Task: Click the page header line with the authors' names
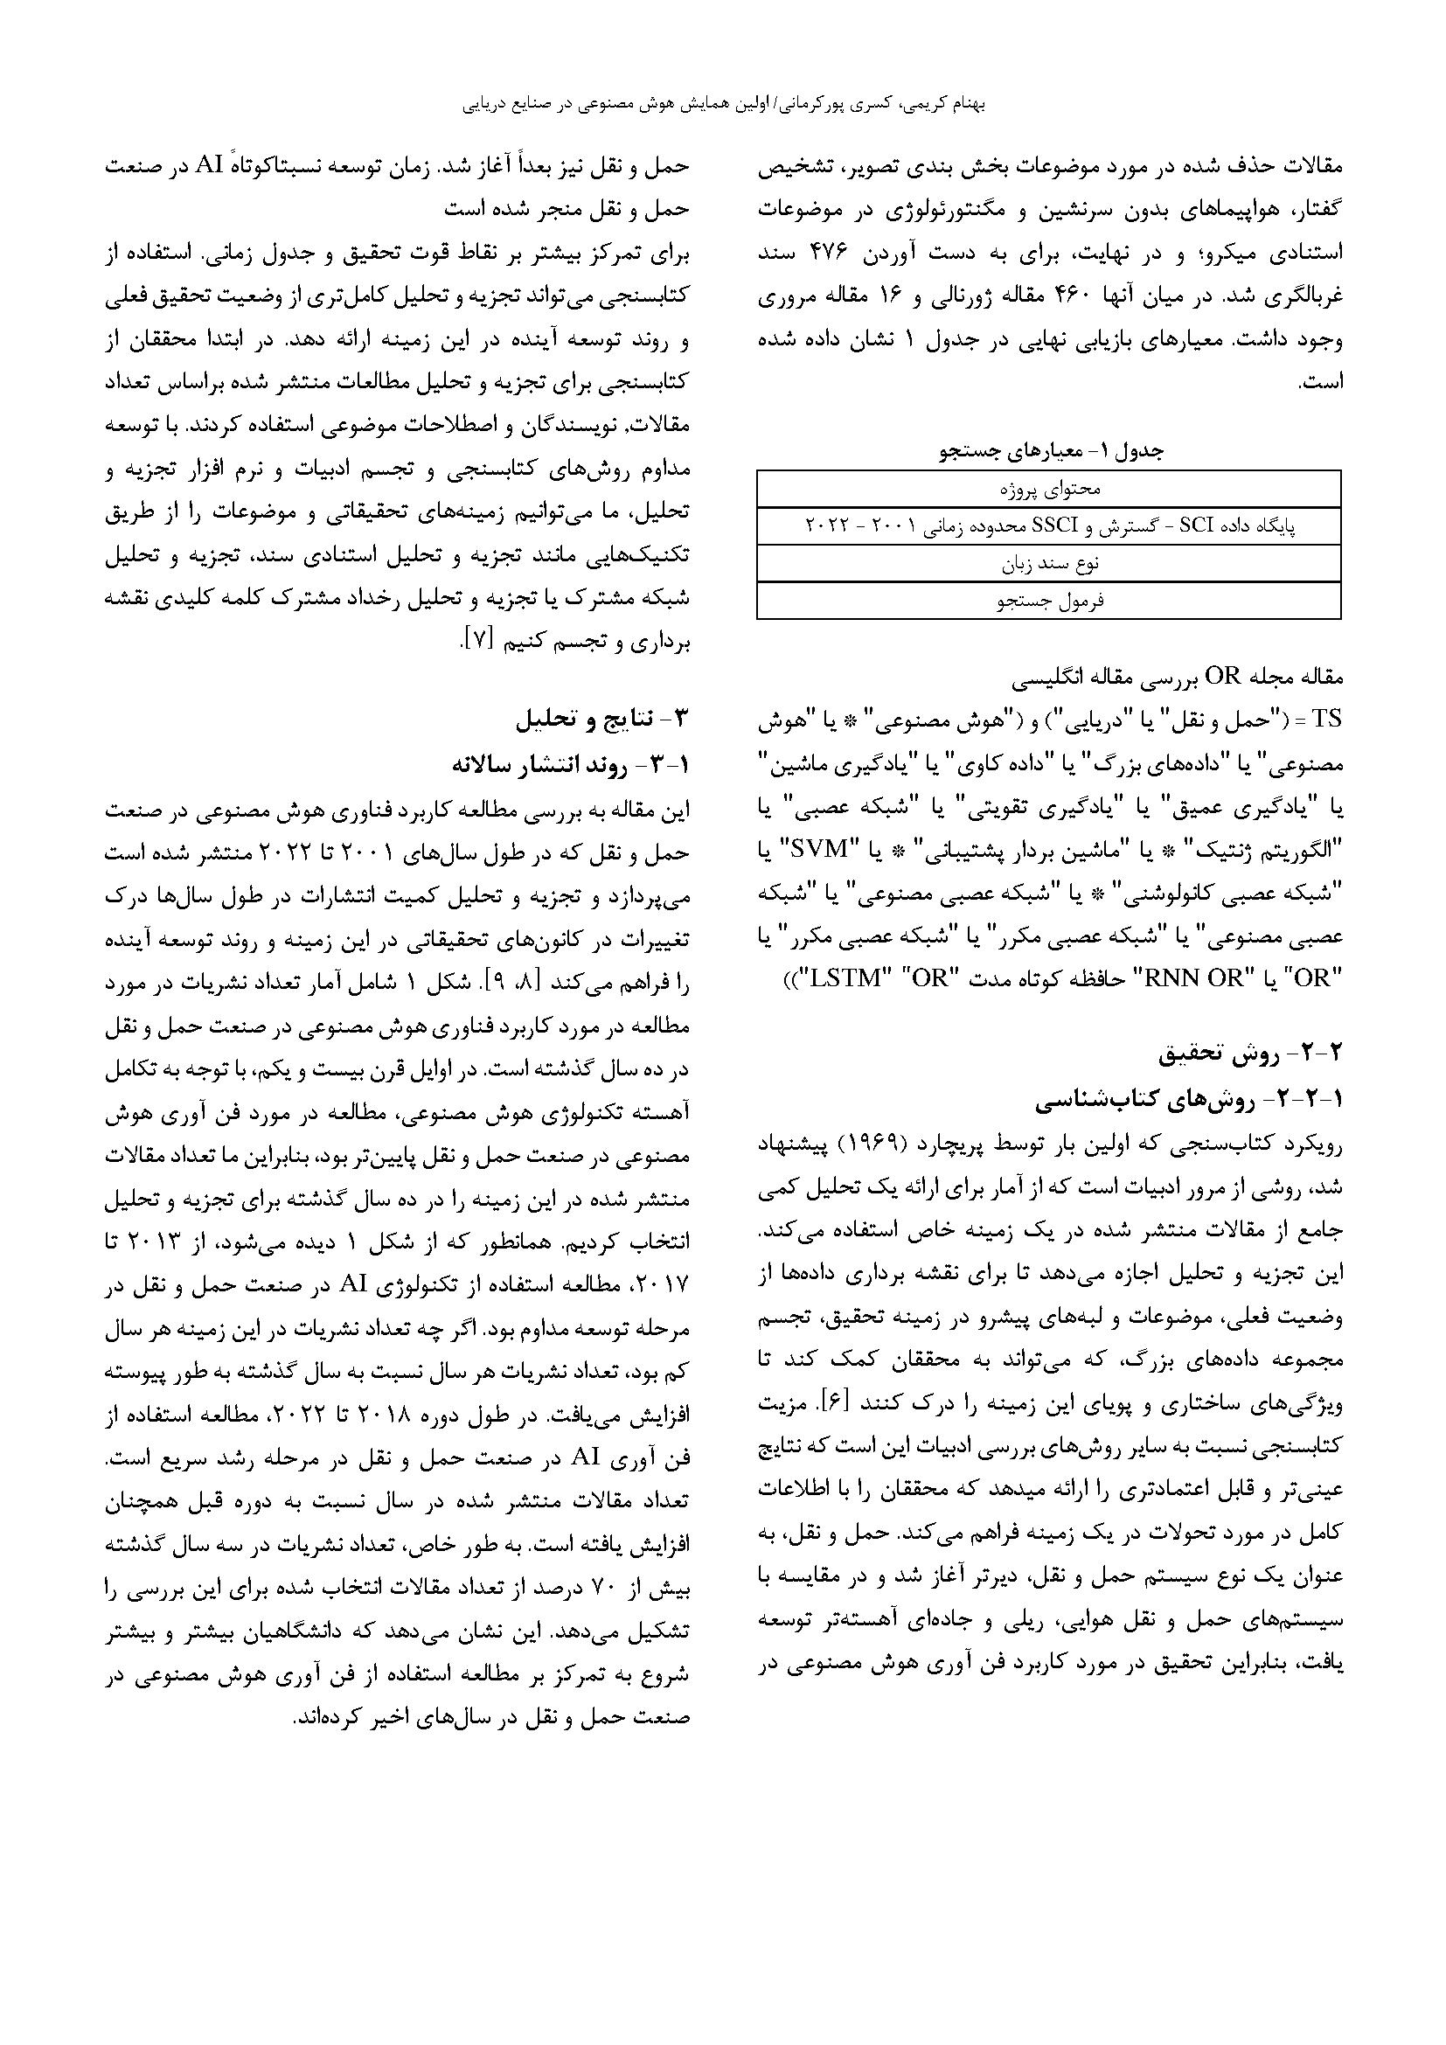723,104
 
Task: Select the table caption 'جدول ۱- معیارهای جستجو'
1049,451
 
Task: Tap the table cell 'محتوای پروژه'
1049,489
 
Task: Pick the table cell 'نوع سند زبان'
1049,564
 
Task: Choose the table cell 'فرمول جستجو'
1049,602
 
